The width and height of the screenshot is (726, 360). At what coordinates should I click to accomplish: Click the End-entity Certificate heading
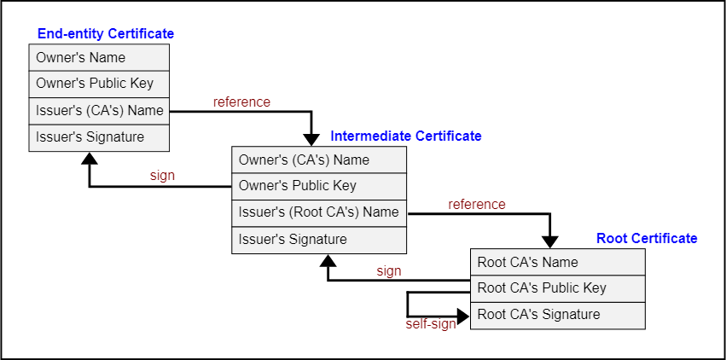[x=106, y=34]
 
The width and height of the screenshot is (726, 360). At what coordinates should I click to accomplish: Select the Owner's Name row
[x=99, y=58]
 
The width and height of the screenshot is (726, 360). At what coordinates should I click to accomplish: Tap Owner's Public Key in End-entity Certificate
[x=99, y=84]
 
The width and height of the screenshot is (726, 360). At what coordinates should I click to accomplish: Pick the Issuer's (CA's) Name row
[x=99, y=111]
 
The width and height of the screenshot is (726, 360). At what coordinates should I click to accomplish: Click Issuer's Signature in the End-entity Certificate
[x=99, y=137]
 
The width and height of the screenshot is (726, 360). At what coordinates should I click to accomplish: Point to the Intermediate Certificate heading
[x=406, y=136]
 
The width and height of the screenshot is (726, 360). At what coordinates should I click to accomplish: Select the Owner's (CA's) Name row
[x=318, y=160]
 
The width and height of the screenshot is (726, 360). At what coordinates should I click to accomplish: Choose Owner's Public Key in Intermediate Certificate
[x=318, y=186]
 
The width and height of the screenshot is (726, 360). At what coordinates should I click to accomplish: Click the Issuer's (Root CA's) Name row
[x=318, y=212]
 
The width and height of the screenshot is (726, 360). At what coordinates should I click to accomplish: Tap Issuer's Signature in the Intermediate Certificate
[x=318, y=240]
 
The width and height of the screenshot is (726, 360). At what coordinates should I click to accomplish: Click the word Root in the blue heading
[x=612, y=239]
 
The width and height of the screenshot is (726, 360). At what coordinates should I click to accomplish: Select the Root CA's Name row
[x=557, y=263]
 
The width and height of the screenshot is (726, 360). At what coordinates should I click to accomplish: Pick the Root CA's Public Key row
[x=557, y=288]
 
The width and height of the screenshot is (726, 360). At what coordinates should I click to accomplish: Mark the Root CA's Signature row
[x=557, y=315]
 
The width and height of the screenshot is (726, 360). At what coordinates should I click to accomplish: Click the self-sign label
[x=431, y=324]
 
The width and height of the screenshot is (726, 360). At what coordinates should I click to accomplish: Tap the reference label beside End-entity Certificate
[x=241, y=102]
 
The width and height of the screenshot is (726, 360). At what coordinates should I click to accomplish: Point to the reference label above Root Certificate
[x=477, y=205]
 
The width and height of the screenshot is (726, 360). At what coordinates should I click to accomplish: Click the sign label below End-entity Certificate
[x=162, y=176]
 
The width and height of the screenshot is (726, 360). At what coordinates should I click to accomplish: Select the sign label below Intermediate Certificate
[x=388, y=271]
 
